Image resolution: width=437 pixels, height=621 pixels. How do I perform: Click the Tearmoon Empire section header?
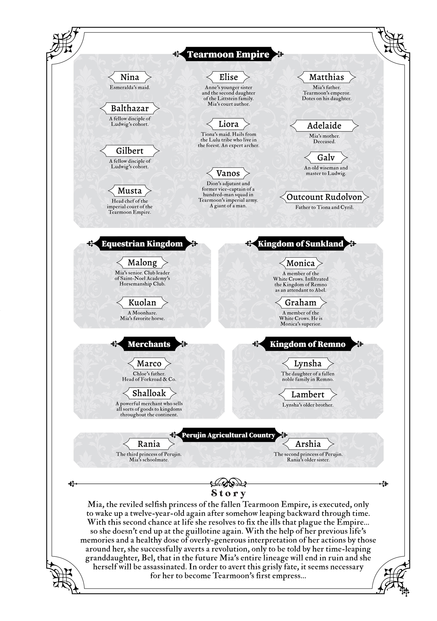[x=228, y=54]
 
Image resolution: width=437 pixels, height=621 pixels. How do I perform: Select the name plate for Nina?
[x=130, y=77]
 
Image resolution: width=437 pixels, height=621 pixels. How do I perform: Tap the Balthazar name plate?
[x=130, y=108]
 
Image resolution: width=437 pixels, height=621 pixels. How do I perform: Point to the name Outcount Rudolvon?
[x=324, y=197]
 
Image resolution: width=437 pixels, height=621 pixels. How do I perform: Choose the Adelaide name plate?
[x=324, y=125]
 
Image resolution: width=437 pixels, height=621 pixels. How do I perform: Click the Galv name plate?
[x=326, y=157]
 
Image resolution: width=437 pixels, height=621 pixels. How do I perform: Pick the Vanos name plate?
[x=228, y=173]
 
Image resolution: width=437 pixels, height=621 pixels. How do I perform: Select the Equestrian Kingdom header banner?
[x=142, y=244]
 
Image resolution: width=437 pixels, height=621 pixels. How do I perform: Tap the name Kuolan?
[x=142, y=302]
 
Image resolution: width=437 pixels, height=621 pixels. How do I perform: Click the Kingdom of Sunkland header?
[x=300, y=244]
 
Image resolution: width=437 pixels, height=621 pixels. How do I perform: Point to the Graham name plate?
[x=300, y=302]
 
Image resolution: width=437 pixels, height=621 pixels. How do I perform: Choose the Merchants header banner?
[x=149, y=344]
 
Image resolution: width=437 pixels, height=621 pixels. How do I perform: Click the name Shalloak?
[x=149, y=393]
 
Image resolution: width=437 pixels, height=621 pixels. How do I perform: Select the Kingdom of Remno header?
[x=307, y=344]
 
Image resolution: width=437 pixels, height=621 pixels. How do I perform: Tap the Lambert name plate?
[x=307, y=394]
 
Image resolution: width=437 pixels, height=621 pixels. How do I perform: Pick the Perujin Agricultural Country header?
[x=228, y=435]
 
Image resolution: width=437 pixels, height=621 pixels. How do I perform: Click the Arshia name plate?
[x=308, y=443]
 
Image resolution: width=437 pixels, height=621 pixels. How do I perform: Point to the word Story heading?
[x=228, y=493]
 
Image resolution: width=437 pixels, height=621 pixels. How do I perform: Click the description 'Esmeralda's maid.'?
[x=130, y=87]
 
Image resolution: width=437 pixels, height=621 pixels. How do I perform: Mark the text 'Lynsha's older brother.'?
[x=307, y=405]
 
